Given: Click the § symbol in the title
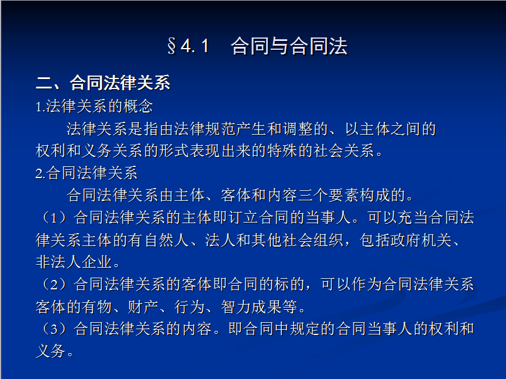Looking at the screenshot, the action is pyautogui.click(x=171, y=46).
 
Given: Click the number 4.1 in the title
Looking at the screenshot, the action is pyautogui.click(x=195, y=46).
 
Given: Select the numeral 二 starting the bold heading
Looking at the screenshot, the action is pyautogui.click(x=44, y=83).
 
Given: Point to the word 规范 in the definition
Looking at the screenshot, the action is pyautogui.click(x=221, y=129).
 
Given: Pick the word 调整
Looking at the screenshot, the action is pyautogui.click(x=298, y=129).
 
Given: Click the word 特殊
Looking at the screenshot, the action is pyautogui.click(x=283, y=151).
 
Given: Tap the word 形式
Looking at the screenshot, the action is pyautogui.click(x=174, y=151).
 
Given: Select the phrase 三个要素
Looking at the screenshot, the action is pyautogui.click(x=329, y=195).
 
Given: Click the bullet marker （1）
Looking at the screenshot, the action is pyautogui.click(x=54, y=217).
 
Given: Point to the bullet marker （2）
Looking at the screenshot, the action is pyautogui.click(x=54, y=284).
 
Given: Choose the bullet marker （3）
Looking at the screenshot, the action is pyautogui.click(x=54, y=329).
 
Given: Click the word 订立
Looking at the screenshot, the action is pyautogui.click(x=244, y=217).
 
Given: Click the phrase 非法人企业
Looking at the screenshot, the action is pyautogui.click(x=74, y=262).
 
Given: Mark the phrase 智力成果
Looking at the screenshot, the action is pyautogui.click(x=252, y=306).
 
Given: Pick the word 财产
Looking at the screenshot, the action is pyautogui.click(x=143, y=306).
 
